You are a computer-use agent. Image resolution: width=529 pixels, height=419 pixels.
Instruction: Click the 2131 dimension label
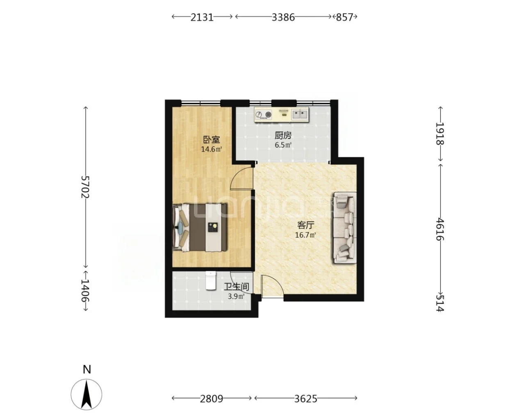202,17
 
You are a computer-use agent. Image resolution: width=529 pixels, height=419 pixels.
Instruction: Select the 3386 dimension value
283,17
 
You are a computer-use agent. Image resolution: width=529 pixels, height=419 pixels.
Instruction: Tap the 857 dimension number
344,17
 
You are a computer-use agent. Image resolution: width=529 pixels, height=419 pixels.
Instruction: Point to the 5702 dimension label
85,187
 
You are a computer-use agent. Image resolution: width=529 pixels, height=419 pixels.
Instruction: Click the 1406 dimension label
85,291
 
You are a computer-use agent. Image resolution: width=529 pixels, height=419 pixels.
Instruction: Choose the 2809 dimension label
212,399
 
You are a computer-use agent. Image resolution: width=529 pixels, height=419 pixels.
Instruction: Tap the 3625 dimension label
306,399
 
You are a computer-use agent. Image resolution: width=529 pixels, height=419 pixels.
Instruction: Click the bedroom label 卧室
212,140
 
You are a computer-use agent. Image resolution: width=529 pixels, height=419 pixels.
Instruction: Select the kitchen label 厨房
283,135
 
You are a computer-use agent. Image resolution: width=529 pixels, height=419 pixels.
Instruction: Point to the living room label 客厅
306,225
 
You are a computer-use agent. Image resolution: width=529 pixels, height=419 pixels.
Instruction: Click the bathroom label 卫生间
237,287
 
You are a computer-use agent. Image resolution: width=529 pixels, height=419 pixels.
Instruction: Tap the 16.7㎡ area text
306,235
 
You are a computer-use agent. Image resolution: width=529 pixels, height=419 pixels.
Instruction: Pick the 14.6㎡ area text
212,149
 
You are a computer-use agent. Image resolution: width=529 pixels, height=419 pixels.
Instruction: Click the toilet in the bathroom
210,280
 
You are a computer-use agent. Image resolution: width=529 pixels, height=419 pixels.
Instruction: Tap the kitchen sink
300,114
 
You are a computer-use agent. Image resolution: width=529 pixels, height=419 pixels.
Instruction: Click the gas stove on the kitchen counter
263,115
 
